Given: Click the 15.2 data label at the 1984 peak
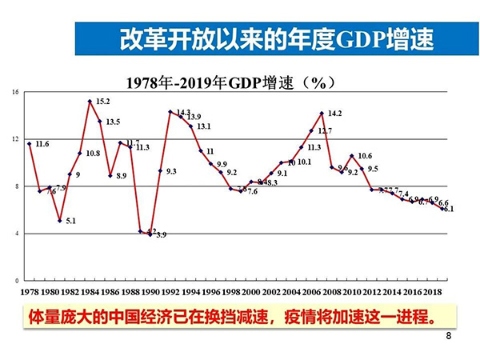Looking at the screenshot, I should (102, 102).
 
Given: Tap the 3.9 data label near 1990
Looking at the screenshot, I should (161, 235).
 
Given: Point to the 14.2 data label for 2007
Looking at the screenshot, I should (335, 113).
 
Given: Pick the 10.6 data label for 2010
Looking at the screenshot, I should (364, 156).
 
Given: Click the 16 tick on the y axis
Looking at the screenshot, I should (14, 93).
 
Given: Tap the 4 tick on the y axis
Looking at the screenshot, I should (16, 234).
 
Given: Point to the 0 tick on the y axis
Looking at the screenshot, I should (16, 281).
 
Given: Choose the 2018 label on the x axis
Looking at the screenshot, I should (431, 291).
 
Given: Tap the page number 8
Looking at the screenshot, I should (448, 337).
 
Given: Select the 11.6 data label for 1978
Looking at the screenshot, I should (42, 144).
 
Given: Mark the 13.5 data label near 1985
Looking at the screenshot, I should (113, 122).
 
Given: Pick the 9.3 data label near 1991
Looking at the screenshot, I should (171, 171).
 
